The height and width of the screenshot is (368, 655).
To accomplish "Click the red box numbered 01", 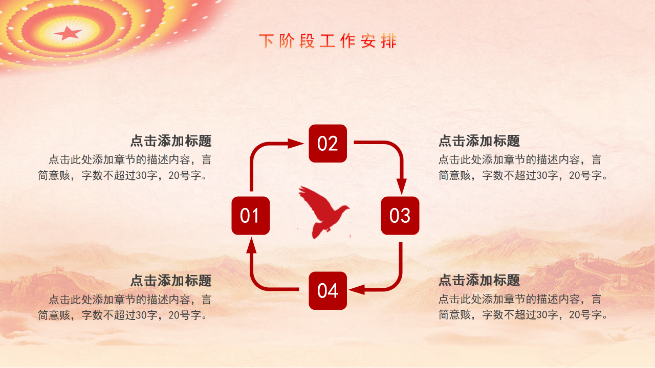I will pos(250,216).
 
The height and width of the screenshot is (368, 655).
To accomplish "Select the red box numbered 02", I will pos(327,144).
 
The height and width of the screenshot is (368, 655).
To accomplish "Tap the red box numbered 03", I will pos(400,216).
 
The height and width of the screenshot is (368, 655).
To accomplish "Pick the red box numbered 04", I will pos(327,291).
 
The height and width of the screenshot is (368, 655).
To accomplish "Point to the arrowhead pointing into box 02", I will pos(296,144).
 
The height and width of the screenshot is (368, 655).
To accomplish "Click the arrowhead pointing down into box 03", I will pos(402,187).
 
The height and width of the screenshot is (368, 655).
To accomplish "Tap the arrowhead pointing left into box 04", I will pos(357,289).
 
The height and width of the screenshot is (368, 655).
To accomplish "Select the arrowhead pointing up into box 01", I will pos(251,246).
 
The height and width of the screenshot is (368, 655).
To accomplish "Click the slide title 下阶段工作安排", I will pos(327,41).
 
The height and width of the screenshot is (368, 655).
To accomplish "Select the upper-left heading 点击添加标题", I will pos(171,141).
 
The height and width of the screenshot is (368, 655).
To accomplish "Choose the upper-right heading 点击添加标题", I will pos(479,141).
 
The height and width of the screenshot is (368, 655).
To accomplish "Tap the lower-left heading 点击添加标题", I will pos(171,281).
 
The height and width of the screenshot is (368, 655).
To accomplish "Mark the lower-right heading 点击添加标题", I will pos(479,281).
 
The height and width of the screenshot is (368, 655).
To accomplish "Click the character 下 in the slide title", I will pos(266,41).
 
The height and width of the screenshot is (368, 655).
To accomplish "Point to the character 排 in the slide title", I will pos(389,41).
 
